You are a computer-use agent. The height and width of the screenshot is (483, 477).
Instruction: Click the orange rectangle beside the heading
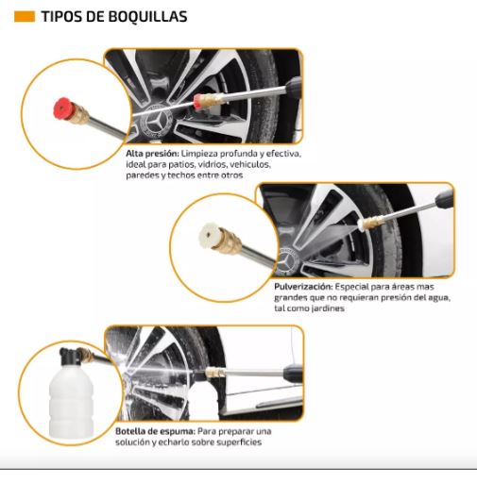pos(25,17)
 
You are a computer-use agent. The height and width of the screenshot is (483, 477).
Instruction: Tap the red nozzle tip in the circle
pos(64,108)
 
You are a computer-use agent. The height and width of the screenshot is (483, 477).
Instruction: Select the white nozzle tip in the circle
pos(209,235)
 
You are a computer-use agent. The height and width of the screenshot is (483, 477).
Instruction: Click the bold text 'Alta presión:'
pos(152,154)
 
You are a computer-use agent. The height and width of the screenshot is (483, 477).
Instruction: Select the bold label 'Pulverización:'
pos(303,287)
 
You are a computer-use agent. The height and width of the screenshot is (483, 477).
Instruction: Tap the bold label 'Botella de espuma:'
pos(156,431)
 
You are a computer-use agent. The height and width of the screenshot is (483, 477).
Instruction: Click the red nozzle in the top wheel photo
pos(197,101)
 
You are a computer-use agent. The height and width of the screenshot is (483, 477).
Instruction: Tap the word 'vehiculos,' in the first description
pos(250,164)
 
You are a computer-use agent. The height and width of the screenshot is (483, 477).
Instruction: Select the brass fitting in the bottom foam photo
pos(215,373)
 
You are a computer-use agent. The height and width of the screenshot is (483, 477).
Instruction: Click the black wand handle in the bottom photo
pos(293,373)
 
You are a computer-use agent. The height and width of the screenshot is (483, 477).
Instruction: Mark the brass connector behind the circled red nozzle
pos(81,114)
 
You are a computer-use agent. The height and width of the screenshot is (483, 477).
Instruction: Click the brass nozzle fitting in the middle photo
pos(372,222)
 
